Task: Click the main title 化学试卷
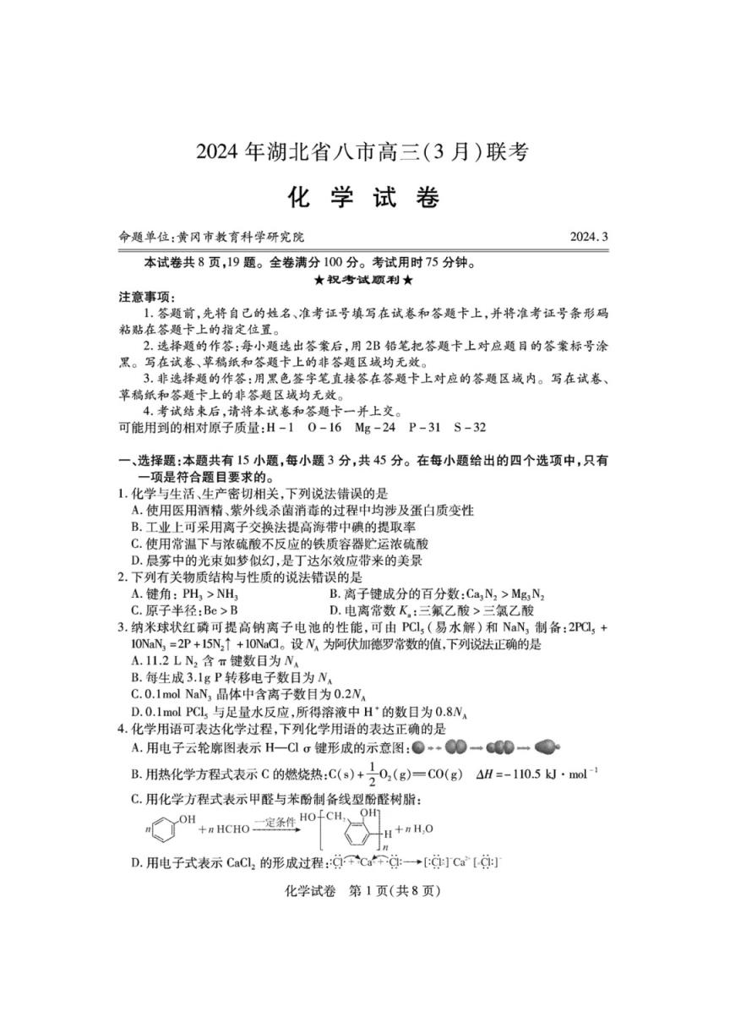click(365, 199)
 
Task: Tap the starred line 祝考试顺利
click(364, 279)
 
